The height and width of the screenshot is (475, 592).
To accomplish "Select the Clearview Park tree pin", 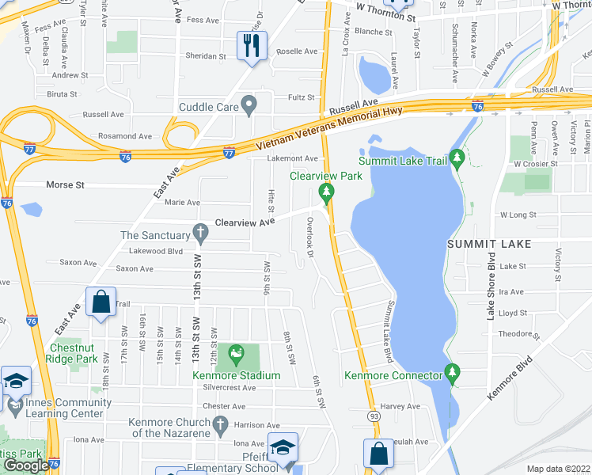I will click(324, 191).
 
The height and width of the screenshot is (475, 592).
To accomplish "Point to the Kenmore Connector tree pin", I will click(453, 370).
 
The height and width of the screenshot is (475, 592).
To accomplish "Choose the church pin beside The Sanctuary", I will click(201, 234).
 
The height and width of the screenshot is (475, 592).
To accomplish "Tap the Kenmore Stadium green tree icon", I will click(235, 352).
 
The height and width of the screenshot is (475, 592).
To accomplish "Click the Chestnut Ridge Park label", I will click(74, 353).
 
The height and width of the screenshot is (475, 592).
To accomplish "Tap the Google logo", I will click(26, 465).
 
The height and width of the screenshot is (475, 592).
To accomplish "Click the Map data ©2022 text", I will click(558, 469).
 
